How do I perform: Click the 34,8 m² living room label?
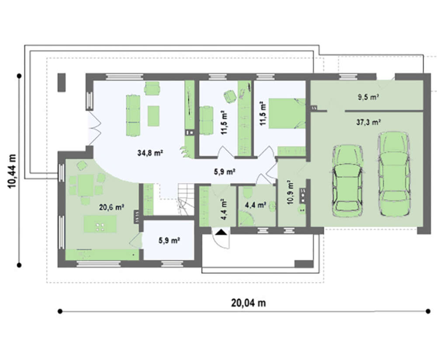pos(150,153)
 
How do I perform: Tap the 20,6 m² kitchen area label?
pos(111,207)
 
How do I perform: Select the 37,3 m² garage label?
pos(369,122)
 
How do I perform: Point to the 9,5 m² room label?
pos(368,97)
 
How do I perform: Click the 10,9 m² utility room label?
pos(291,193)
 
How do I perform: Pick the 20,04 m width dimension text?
pos(248,303)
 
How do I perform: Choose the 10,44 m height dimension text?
pos(12,171)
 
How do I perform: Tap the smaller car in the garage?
pos(347,181)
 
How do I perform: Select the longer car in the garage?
pos(394,174)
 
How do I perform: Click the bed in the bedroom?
pos(287,113)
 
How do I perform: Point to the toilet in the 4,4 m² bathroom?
pos(247,192)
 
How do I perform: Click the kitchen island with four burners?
pos(100,224)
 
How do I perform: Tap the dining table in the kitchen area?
pos(86,185)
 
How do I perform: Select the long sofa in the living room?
pos(133,115)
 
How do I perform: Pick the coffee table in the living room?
pos(153,116)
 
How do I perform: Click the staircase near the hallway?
pos(186,199)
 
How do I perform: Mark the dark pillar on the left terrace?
pos(62,82)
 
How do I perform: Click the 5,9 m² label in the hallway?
pos(225,171)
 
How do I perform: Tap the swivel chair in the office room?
pos(230,96)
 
